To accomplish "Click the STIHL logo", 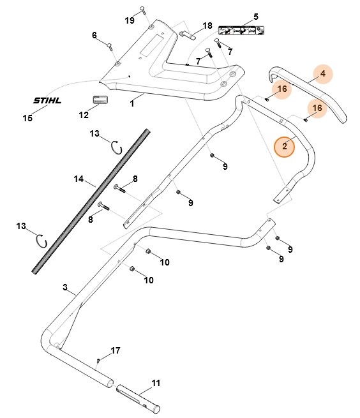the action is click(x=47, y=100).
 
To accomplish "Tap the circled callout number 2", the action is click(x=285, y=146).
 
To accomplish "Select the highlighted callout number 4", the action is click(x=323, y=73).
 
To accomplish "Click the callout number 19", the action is click(x=130, y=20).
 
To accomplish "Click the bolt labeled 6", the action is click(x=110, y=47).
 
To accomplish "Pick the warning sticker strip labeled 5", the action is click(x=241, y=31).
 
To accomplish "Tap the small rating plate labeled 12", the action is click(x=100, y=100).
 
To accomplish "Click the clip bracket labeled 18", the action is click(x=188, y=36).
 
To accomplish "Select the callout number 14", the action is click(x=79, y=179).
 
